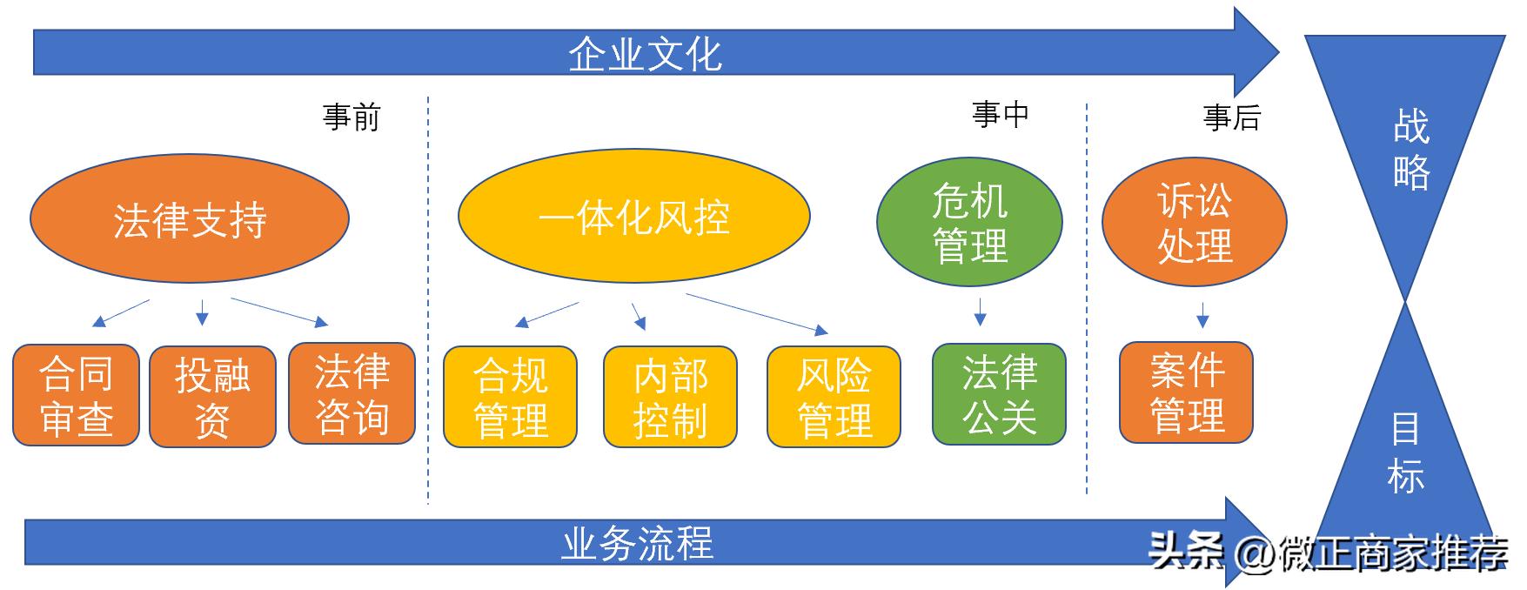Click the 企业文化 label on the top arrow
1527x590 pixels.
pyautogui.click(x=645, y=54)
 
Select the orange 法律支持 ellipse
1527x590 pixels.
pyautogui.click(x=190, y=219)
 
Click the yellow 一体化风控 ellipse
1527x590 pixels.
pyautogui.click(x=633, y=216)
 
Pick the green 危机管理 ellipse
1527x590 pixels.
pyautogui.click(x=969, y=223)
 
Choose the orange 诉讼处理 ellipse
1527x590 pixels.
pyautogui.click(x=1194, y=223)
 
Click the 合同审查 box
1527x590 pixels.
pyautogui.click(x=77, y=396)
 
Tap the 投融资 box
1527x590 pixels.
pyautogui.click(x=212, y=397)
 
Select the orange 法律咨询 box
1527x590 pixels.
pyautogui.click(x=352, y=393)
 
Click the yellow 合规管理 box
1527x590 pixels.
pyautogui.click(x=510, y=398)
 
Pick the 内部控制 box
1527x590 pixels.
pyautogui.click(x=670, y=398)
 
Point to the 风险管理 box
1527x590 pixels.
pyautogui.click(x=834, y=398)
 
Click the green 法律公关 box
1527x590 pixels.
pyautogui.click(x=999, y=394)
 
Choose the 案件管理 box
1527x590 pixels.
pyautogui.click(x=1186, y=392)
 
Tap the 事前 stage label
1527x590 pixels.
pyautogui.click(x=352, y=117)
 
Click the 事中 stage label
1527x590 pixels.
pyautogui.click(x=1001, y=114)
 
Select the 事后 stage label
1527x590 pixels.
pyautogui.click(x=1231, y=117)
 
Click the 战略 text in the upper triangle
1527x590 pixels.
pyautogui.click(x=1410, y=150)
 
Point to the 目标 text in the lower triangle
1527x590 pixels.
pyautogui.click(x=1405, y=453)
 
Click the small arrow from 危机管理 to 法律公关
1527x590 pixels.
pyautogui.click(x=980, y=312)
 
